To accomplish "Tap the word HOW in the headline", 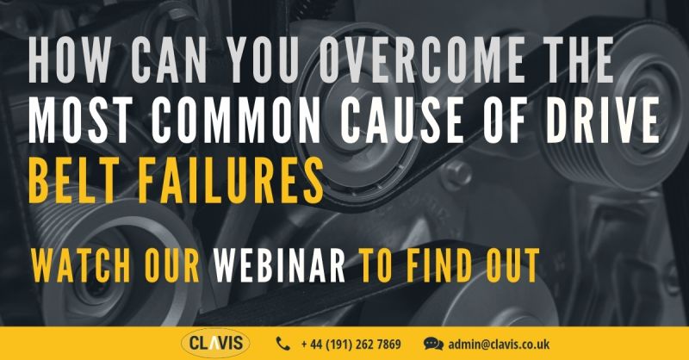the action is point(69,60).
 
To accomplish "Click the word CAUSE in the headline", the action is point(401,121).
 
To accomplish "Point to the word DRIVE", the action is point(601,121).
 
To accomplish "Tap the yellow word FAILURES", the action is point(231,181).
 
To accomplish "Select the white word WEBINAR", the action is point(279,265).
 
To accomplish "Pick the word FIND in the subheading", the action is point(441,265).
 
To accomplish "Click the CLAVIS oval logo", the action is point(215,343).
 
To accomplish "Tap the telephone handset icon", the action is point(283,344).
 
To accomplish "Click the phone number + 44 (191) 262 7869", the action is point(351,344).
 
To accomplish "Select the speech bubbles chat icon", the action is point(433,344).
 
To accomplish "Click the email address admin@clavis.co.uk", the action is point(499,344).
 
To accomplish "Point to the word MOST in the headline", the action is point(82,121).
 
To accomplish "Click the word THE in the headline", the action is point(565,60).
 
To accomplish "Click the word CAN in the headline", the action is point(168,60).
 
